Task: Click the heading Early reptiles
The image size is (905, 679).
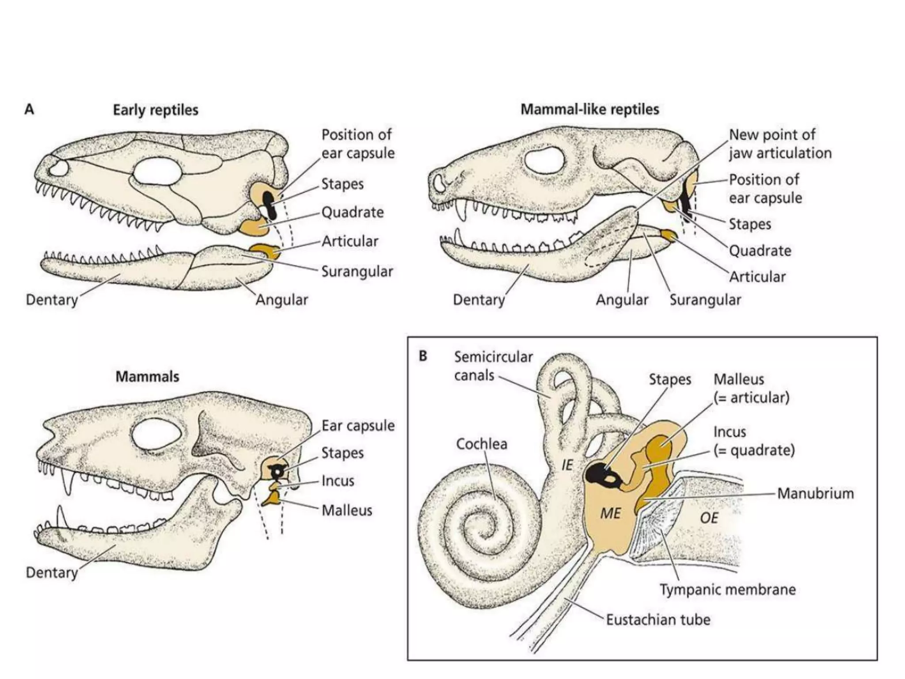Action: pos(156,110)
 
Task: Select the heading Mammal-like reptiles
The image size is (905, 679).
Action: pos(589,109)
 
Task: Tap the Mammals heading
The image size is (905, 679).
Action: pos(147,377)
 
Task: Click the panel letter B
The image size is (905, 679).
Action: pos(423,356)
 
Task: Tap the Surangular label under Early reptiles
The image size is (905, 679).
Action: pos(357,271)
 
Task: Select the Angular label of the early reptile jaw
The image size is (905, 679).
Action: pos(281,300)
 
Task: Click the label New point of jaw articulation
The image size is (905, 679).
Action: pos(780,144)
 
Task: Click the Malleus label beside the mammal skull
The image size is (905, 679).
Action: pos(347,510)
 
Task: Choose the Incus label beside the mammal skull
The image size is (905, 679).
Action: pos(338,481)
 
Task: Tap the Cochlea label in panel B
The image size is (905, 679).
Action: pos(481,444)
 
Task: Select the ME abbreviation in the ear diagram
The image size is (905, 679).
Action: pos(610,513)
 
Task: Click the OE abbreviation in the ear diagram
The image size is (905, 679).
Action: pos(709,518)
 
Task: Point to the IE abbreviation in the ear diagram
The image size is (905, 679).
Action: pos(567,465)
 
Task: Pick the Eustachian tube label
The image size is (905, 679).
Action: pos(658,620)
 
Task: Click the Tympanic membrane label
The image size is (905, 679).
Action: pos(727,589)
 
